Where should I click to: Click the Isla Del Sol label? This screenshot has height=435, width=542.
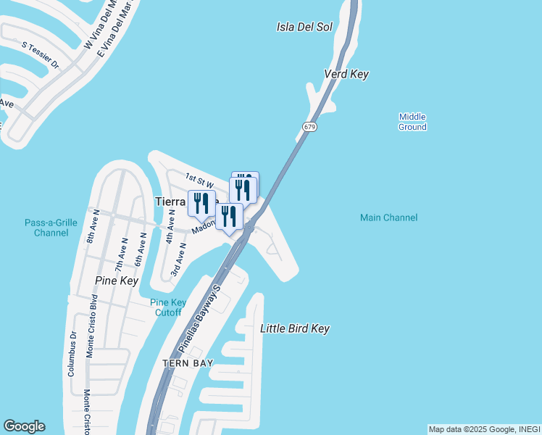(304, 28)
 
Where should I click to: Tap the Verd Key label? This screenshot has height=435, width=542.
(346, 75)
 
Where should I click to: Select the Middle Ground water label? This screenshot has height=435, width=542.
(412, 122)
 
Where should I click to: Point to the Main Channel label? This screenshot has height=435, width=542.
(389, 217)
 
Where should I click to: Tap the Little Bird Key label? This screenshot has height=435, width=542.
(295, 329)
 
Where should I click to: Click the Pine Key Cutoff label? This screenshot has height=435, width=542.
(168, 307)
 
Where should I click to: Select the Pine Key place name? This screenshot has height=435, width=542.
(116, 280)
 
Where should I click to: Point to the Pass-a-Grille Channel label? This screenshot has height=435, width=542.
(51, 228)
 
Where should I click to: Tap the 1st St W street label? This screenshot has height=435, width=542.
(197, 178)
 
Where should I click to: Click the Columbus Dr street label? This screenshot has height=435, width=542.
(72, 354)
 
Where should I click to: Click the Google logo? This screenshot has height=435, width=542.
(24, 426)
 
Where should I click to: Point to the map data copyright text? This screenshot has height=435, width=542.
(484, 429)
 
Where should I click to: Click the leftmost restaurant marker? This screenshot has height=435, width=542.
(201, 203)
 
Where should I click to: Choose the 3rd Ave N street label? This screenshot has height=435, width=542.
(178, 260)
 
